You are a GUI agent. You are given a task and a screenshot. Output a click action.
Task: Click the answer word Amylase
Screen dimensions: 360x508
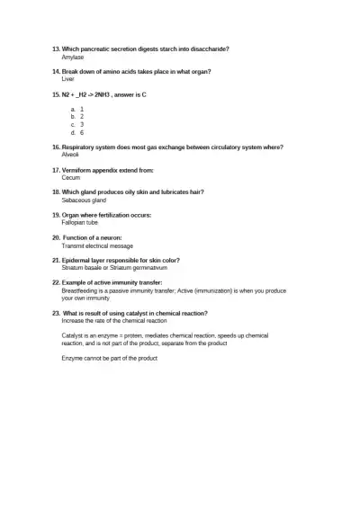[x=72, y=57]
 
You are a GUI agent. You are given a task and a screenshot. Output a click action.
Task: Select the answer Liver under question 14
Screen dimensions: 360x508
[x=67, y=79]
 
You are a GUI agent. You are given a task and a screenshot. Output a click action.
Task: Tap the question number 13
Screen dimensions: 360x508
[x=56, y=49]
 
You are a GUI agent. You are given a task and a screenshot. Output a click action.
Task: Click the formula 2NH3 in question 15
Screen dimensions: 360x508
[x=114, y=94]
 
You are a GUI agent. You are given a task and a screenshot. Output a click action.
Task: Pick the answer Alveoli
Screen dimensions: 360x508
[x=71, y=155]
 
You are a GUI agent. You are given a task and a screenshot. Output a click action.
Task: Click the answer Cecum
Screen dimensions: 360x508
[x=71, y=177]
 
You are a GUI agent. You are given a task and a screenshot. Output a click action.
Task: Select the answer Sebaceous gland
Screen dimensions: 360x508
[x=84, y=201]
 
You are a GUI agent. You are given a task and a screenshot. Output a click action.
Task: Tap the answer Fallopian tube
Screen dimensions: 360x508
[x=80, y=223]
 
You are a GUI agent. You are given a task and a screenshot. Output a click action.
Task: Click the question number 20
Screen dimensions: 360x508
[x=56, y=237]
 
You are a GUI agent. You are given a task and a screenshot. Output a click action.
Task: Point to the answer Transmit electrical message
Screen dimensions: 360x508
[x=97, y=245]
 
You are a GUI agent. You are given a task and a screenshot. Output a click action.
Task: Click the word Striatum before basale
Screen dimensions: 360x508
[x=73, y=268]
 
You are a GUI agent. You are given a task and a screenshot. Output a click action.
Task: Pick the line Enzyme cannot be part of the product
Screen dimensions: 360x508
[x=110, y=359]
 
